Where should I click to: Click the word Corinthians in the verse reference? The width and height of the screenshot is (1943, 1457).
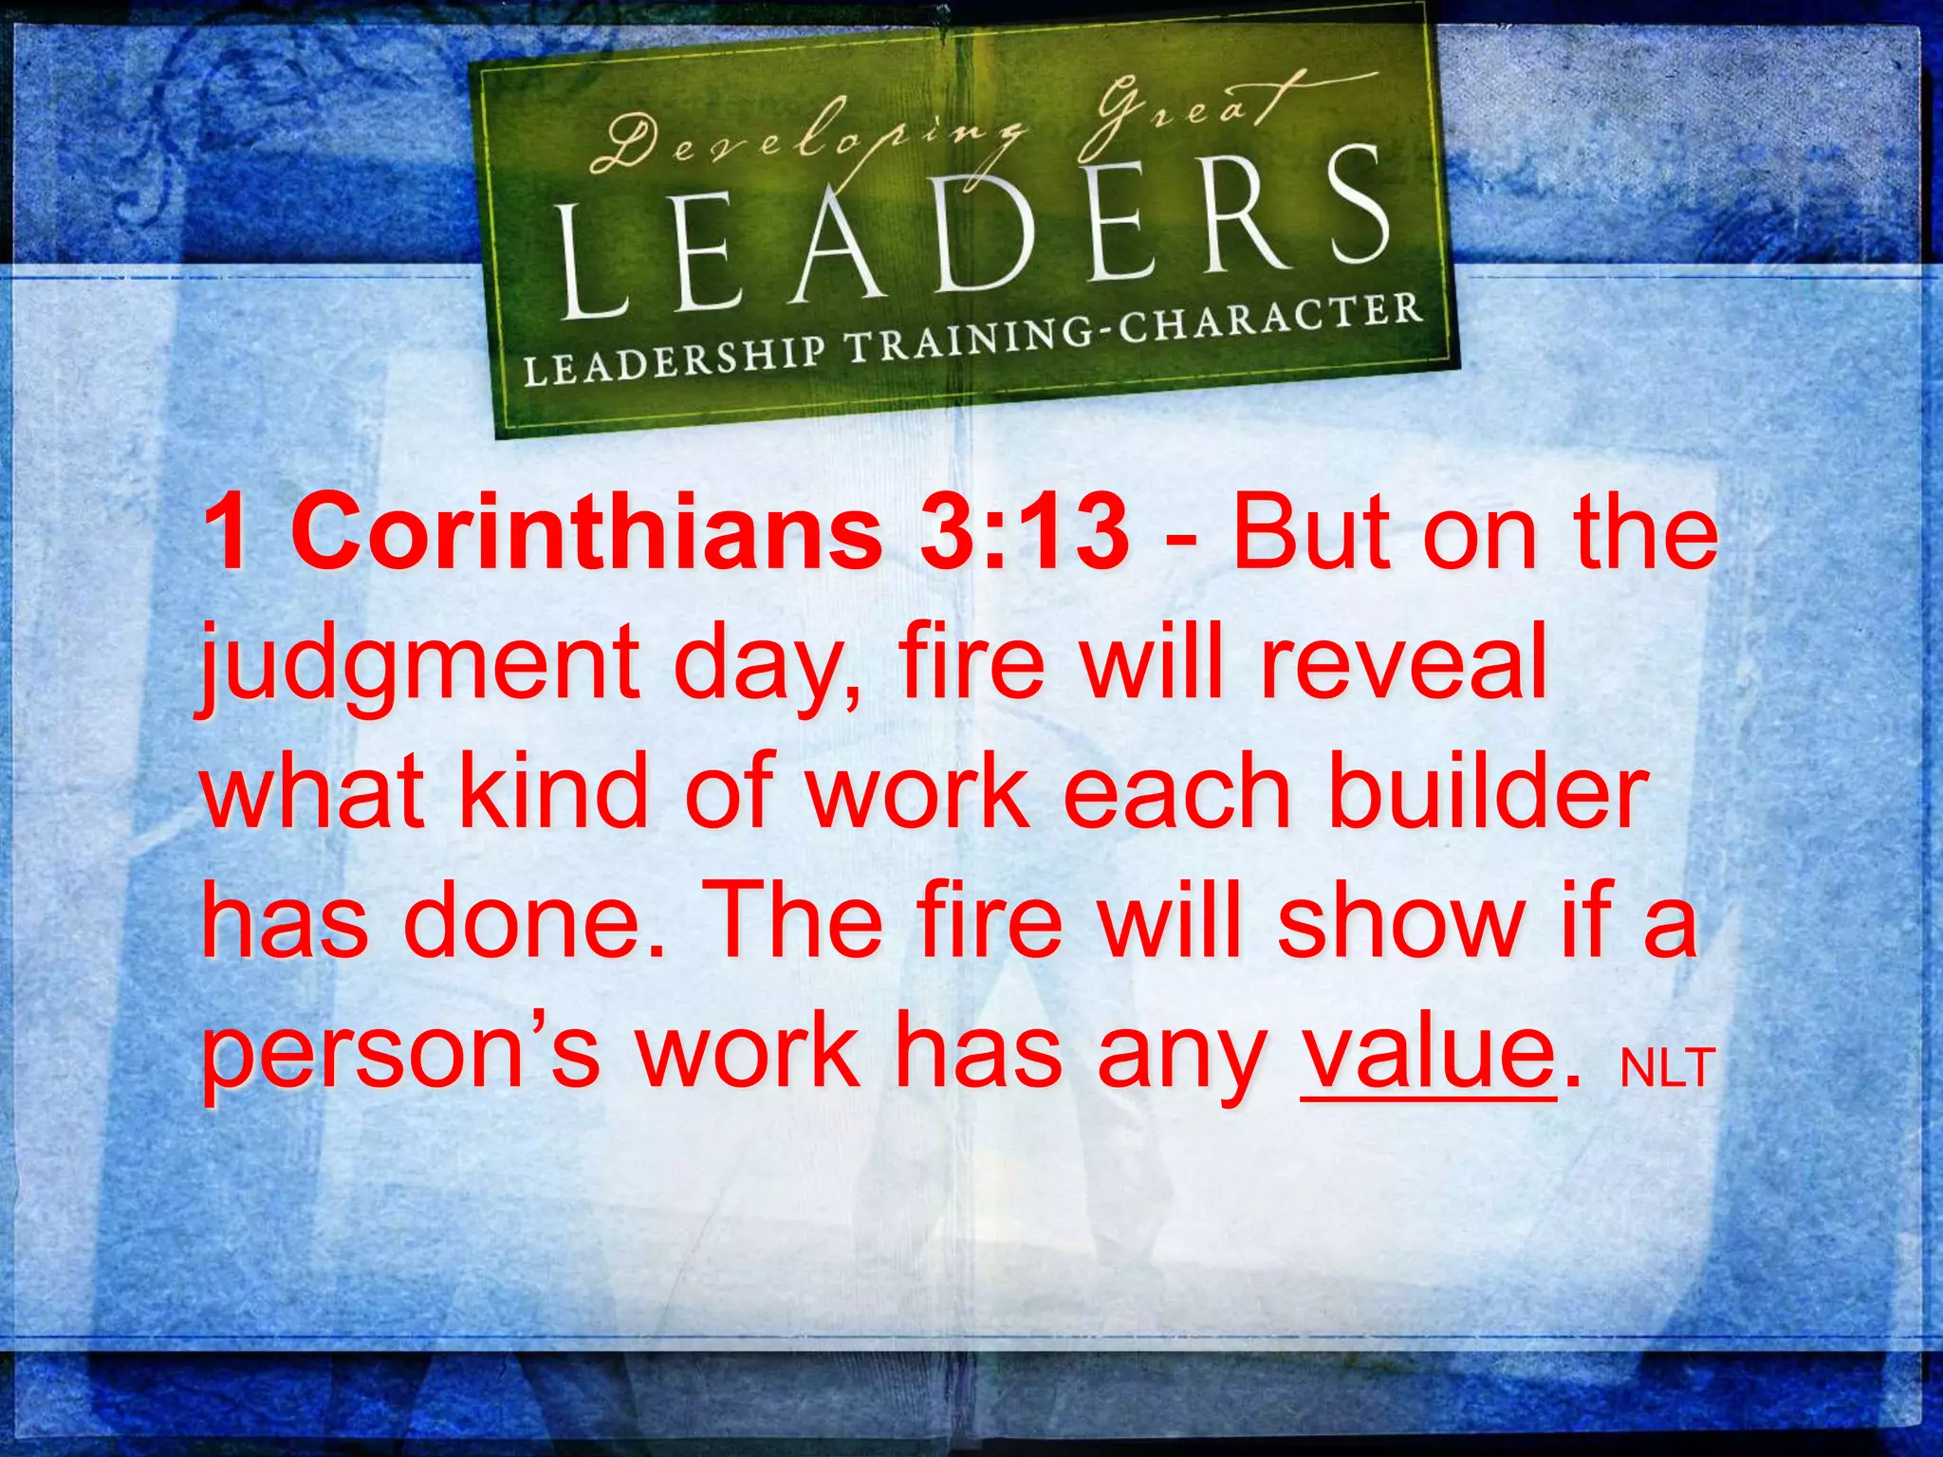(587, 533)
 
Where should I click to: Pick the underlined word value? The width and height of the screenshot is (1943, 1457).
(1428, 1052)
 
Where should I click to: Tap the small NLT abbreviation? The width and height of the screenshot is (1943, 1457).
(1668, 1068)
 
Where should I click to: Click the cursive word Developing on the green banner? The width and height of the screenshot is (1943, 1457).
(806, 142)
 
